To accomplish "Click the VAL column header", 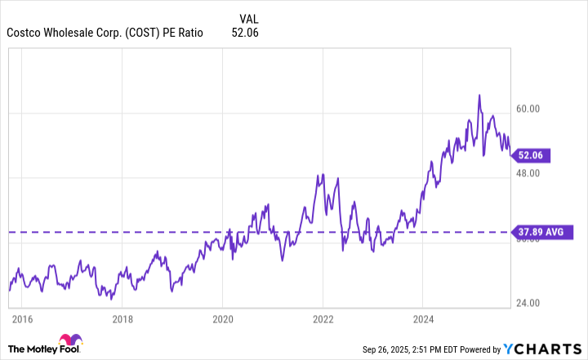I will coord(251,18).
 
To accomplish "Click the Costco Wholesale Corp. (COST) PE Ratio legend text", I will coord(105,33).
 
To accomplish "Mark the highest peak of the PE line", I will coord(479,96).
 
